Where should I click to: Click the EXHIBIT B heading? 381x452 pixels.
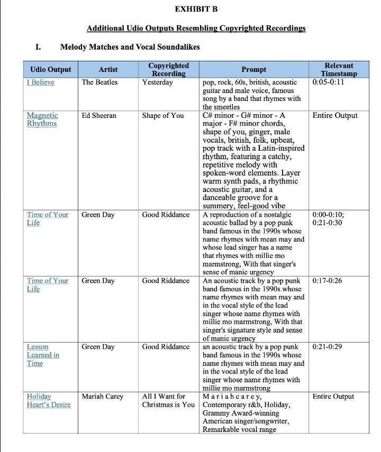coord(196,9)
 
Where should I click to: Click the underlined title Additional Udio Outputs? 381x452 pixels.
coord(196,28)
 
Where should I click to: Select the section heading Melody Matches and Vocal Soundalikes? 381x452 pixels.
coord(130,47)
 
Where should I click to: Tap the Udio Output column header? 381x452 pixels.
coord(50,69)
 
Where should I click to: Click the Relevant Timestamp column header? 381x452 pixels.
coord(339,69)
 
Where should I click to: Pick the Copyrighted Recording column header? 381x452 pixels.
coord(168,69)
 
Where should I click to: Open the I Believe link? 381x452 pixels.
coord(41,82)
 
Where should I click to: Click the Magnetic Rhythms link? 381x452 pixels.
coord(42,119)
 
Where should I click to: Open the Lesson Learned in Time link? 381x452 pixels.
coord(43,355)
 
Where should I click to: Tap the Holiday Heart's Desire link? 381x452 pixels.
coord(48,400)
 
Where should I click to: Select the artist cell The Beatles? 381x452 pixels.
coord(99,82)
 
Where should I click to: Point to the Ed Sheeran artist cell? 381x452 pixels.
coord(99,116)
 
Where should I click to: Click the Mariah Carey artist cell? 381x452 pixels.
coord(102,396)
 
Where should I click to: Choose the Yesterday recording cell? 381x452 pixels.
coord(157,82)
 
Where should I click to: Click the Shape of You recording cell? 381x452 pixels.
coord(162,116)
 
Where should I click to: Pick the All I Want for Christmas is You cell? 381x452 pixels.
coord(168,400)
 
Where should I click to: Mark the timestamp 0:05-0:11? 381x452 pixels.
coord(328,82)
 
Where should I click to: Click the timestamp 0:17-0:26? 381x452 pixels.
coord(327,281)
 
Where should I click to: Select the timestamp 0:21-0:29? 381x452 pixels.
coord(327,347)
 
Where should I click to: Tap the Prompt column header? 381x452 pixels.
coord(253,69)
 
